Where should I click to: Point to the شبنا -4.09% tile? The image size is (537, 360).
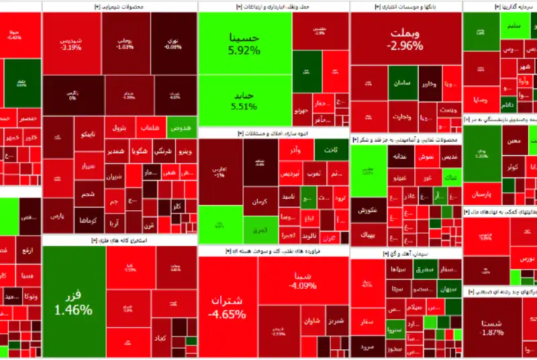[x=300, y=280]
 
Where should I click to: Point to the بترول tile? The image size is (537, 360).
[x=118, y=126]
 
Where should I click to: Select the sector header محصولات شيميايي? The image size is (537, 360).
[x=119, y=6]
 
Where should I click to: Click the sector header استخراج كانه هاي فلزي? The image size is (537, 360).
[x=119, y=240]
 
